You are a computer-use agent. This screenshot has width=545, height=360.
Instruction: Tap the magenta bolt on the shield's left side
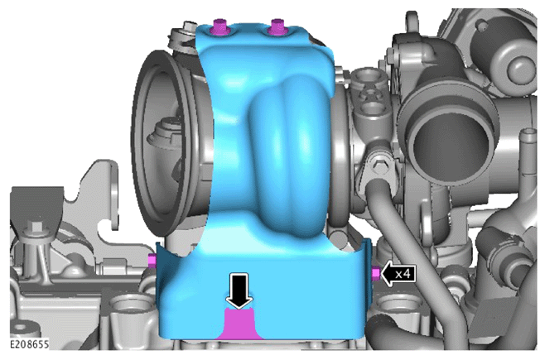(152, 261)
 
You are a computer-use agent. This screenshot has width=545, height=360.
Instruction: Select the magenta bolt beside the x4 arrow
(376, 274)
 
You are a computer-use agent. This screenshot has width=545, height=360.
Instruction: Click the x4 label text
(403, 274)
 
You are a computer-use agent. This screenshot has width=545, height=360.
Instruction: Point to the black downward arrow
(239, 291)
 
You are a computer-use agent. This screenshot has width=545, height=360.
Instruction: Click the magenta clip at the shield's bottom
(240, 324)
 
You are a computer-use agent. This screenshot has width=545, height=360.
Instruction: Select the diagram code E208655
(29, 344)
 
